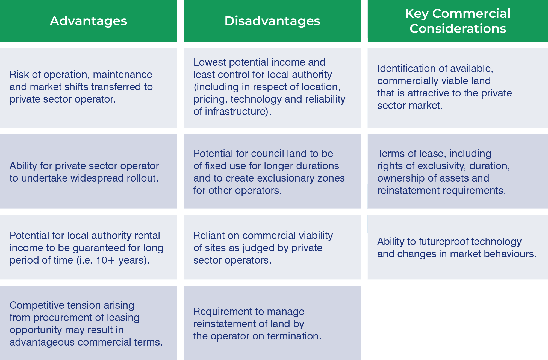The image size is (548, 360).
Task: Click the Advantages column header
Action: tap(89, 21)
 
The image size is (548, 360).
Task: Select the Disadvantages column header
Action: tap(272, 21)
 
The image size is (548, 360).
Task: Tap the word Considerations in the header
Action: tap(458, 28)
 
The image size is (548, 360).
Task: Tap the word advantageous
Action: tap(42, 342)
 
